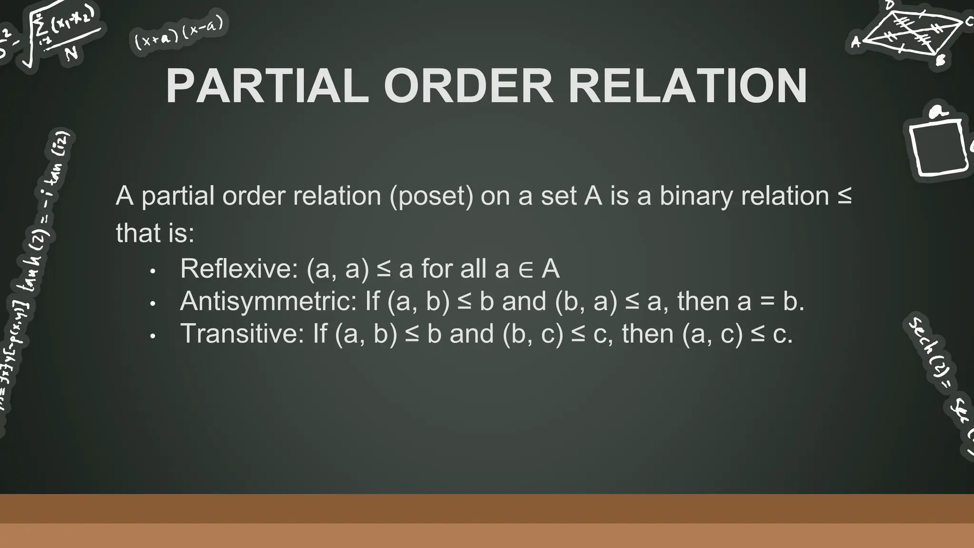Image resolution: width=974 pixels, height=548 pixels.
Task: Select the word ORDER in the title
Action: coord(468,87)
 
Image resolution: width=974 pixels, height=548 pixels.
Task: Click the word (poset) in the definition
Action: coord(431,196)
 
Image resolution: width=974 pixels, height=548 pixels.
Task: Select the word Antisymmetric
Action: coord(268,302)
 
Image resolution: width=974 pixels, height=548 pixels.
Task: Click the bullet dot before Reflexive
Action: coord(153,272)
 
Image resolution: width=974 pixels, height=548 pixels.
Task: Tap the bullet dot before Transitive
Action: coord(153,336)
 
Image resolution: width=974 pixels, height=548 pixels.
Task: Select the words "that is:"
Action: coord(155,233)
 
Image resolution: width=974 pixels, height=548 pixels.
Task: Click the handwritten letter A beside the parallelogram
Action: coord(856,43)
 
